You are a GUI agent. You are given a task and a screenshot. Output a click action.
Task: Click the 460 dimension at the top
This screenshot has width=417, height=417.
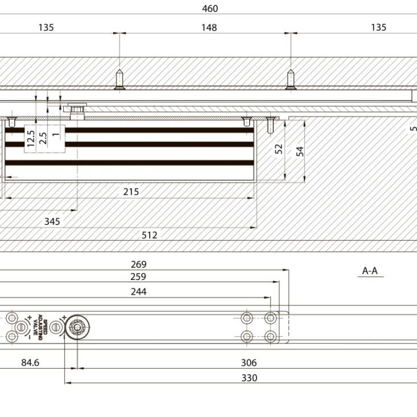(x=209, y=9)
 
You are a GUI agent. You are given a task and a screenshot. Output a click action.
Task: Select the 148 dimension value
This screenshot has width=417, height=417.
(x=209, y=28)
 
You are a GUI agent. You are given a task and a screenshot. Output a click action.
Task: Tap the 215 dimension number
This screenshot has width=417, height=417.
(x=131, y=192)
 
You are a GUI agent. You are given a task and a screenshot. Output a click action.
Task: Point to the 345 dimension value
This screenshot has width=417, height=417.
(x=52, y=222)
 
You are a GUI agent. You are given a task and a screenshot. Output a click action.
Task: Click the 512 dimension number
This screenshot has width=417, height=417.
(x=150, y=235)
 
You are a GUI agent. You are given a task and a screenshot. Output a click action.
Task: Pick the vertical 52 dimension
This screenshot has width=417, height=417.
(x=279, y=149)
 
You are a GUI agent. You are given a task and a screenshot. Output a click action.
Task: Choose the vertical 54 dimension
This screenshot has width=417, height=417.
(x=300, y=151)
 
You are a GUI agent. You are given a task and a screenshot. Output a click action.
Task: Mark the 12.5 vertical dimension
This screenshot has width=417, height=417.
(x=31, y=140)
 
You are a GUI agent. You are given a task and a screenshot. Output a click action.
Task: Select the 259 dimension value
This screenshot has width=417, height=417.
(x=138, y=277)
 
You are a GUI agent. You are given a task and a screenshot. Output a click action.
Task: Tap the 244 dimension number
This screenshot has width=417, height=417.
(x=139, y=292)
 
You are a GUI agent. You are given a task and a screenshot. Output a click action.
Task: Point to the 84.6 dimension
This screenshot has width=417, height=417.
(x=30, y=363)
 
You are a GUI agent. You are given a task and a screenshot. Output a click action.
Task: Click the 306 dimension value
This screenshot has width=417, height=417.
(x=249, y=363)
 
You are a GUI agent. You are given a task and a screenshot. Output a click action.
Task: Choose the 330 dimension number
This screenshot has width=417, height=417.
(x=250, y=378)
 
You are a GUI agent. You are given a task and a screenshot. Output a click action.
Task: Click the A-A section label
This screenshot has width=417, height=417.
(x=370, y=271)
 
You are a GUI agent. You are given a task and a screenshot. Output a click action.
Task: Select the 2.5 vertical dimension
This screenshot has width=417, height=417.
(x=43, y=138)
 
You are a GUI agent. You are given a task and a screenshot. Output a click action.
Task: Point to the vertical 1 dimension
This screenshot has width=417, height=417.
(x=56, y=132)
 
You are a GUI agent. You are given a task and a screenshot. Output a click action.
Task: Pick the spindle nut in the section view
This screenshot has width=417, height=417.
(x=77, y=111)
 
